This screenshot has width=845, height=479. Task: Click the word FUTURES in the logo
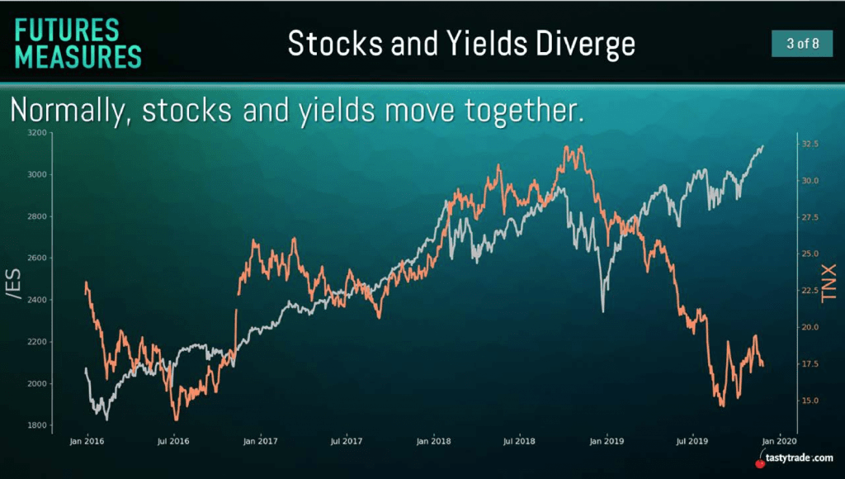click(x=67, y=31)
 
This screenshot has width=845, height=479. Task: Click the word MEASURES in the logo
click(x=78, y=57)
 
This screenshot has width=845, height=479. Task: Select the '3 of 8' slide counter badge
click(x=802, y=43)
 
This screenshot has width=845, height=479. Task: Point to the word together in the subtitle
click(x=524, y=111)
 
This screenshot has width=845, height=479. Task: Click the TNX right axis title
click(x=828, y=284)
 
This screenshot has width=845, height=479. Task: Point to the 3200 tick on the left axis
click(x=37, y=132)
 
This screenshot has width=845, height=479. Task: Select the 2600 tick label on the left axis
click(x=37, y=258)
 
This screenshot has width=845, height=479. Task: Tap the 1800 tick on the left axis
click(x=37, y=425)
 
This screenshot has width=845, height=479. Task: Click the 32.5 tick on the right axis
click(x=810, y=144)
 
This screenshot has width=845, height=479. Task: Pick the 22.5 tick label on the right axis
click(x=810, y=290)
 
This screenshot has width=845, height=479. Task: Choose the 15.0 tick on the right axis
click(x=810, y=401)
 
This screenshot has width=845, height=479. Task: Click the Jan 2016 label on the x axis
click(x=87, y=441)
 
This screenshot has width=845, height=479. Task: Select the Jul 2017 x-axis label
click(x=346, y=441)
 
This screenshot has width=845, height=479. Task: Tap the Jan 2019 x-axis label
click(x=607, y=441)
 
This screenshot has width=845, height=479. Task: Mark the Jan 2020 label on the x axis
click(x=779, y=441)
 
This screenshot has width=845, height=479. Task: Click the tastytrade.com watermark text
click(x=799, y=458)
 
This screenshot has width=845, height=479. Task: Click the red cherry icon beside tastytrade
click(x=760, y=462)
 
